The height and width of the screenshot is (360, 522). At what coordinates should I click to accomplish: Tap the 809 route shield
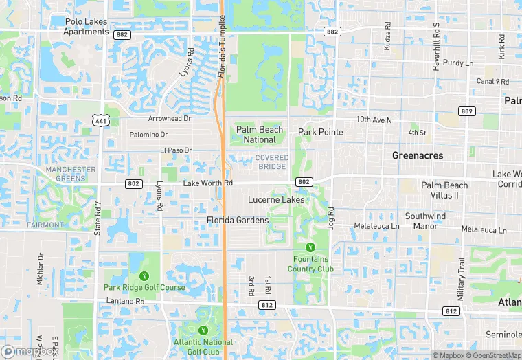coord(467,111)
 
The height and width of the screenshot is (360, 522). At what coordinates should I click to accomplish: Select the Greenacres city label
coord(418,155)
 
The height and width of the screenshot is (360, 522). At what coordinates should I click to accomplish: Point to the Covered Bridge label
coord(272,162)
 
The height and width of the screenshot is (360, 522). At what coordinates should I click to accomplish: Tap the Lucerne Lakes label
coord(276,200)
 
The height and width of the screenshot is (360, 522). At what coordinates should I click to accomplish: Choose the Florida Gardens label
coord(238,221)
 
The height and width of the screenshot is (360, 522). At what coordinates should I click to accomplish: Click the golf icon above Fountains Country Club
coord(310,247)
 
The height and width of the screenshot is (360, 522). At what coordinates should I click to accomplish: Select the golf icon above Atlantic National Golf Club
coord(203,330)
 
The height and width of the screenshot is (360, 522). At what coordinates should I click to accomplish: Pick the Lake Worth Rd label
coord(208,183)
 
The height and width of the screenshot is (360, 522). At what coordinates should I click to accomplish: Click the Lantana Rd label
coord(125,301)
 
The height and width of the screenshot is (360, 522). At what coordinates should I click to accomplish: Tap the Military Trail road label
coord(462,279)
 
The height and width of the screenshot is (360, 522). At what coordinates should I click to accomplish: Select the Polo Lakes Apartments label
coord(86,26)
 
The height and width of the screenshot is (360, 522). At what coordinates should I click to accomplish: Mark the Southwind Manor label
coord(425,221)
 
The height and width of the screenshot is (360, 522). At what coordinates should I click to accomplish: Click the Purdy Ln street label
coord(458,63)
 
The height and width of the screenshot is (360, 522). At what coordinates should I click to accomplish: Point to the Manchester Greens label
coord(71,174)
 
